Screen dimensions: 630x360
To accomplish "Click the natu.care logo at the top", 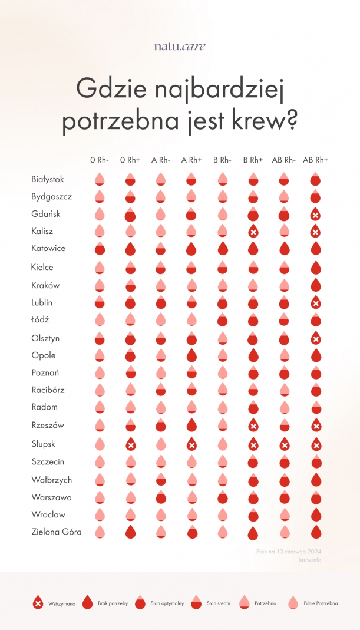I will point(180,46).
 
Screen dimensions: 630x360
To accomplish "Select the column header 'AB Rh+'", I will point(315,160).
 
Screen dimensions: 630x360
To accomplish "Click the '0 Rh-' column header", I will point(99,160).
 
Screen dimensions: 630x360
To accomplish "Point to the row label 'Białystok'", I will point(48,179).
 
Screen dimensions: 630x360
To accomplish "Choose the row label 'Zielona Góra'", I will point(57,532).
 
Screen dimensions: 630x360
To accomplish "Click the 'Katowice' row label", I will point(48,248).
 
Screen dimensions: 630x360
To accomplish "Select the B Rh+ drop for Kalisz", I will point(253,232).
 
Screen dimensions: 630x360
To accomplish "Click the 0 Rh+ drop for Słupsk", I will point(131,445).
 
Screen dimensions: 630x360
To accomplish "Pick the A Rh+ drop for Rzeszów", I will point(191,426).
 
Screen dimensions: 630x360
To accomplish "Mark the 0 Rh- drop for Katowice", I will point(100,249).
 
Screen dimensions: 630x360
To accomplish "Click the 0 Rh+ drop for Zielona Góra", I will point(131,533).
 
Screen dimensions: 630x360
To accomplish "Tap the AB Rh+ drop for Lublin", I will point(315,303).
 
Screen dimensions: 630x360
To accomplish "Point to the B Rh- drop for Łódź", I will point(222,320).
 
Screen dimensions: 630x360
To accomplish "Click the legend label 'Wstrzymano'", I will point(61,603).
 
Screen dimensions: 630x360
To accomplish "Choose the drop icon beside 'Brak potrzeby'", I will point(88,602).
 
